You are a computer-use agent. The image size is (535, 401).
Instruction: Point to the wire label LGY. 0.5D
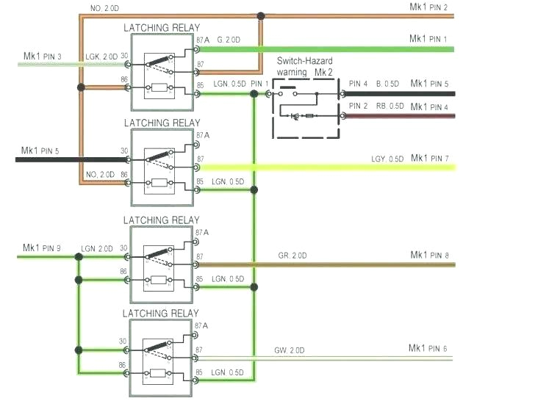coord(387,159)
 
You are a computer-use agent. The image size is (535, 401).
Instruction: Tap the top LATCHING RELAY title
coord(161,27)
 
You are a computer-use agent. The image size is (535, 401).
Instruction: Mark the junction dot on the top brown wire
coord(260,15)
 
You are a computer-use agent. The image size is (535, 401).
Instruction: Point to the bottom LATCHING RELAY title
coord(161,314)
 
